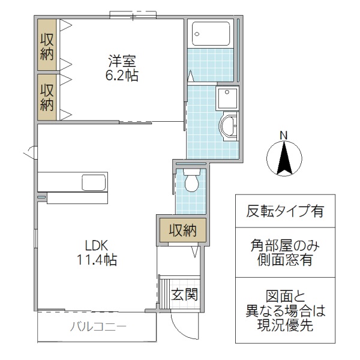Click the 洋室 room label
coord(123,61)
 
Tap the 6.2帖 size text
coord(123,77)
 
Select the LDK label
coord(95,245)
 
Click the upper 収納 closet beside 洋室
coord(47,46)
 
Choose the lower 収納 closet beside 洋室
coord(47,97)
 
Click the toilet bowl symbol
coord(192,181)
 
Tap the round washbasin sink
coord(229,127)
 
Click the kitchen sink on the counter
coord(93,182)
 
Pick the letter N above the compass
coord(284,134)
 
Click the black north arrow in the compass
coord(284,158)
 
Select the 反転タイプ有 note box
coord(285,211)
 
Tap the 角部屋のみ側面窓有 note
coord(285,253)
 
